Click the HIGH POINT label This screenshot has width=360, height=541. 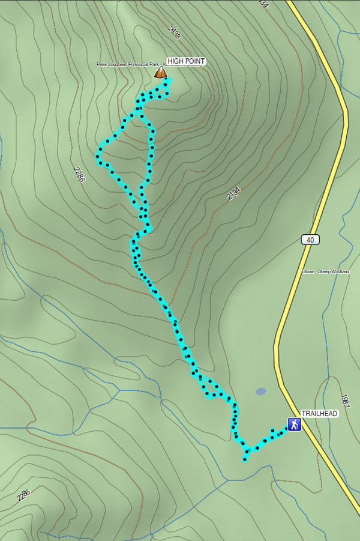click(186, 61)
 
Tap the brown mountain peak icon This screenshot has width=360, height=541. click(160, 73)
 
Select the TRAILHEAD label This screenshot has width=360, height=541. click(316, 414)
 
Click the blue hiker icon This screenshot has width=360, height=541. click(293, 425)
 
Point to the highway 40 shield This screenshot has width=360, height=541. click(310, 240)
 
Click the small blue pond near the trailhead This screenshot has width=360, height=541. click(260, 391)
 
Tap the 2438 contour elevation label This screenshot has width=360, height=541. click(175, 33)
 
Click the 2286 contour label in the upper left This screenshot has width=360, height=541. click(79, 174)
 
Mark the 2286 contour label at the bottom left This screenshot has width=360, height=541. click(24, 495)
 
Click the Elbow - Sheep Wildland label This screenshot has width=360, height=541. click(325, 271)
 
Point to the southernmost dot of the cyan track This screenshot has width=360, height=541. click(245, 460)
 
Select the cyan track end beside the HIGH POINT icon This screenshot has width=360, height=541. click(170, 80)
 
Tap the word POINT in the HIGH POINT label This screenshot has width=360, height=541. click(195, 61)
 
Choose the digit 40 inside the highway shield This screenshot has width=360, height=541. click(310, 240)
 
